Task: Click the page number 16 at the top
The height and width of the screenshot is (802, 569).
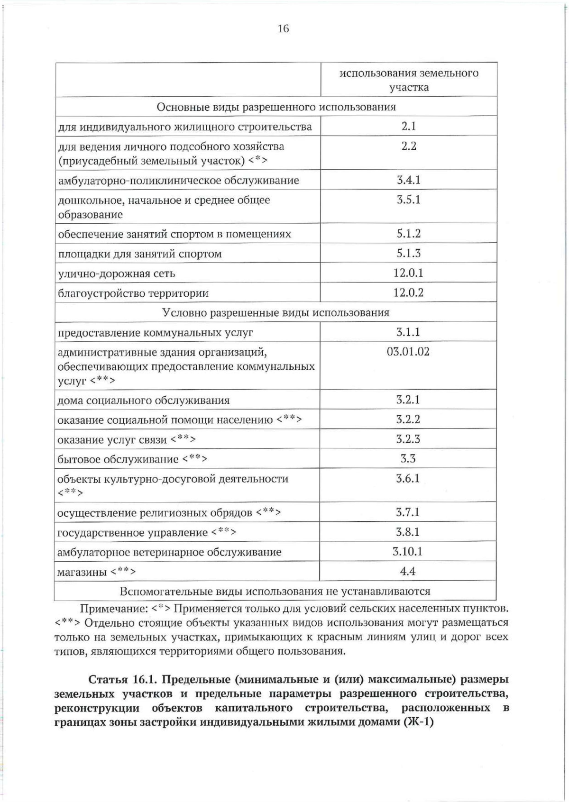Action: [283, 29]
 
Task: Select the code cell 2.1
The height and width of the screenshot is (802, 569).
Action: [408, 127]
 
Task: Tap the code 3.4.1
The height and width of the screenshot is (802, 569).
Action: [408, 180]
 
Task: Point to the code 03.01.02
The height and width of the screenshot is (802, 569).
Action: [408, 352]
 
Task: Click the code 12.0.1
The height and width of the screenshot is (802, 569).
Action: [408, 273]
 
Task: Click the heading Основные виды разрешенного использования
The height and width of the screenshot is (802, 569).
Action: [276, 107]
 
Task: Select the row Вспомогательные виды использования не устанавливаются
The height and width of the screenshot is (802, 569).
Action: [275, 592]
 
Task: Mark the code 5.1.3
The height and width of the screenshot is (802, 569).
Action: [408, 254]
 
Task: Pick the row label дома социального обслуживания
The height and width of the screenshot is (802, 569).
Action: [143, 401]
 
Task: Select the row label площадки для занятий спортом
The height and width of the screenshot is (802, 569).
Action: [139, 254]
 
